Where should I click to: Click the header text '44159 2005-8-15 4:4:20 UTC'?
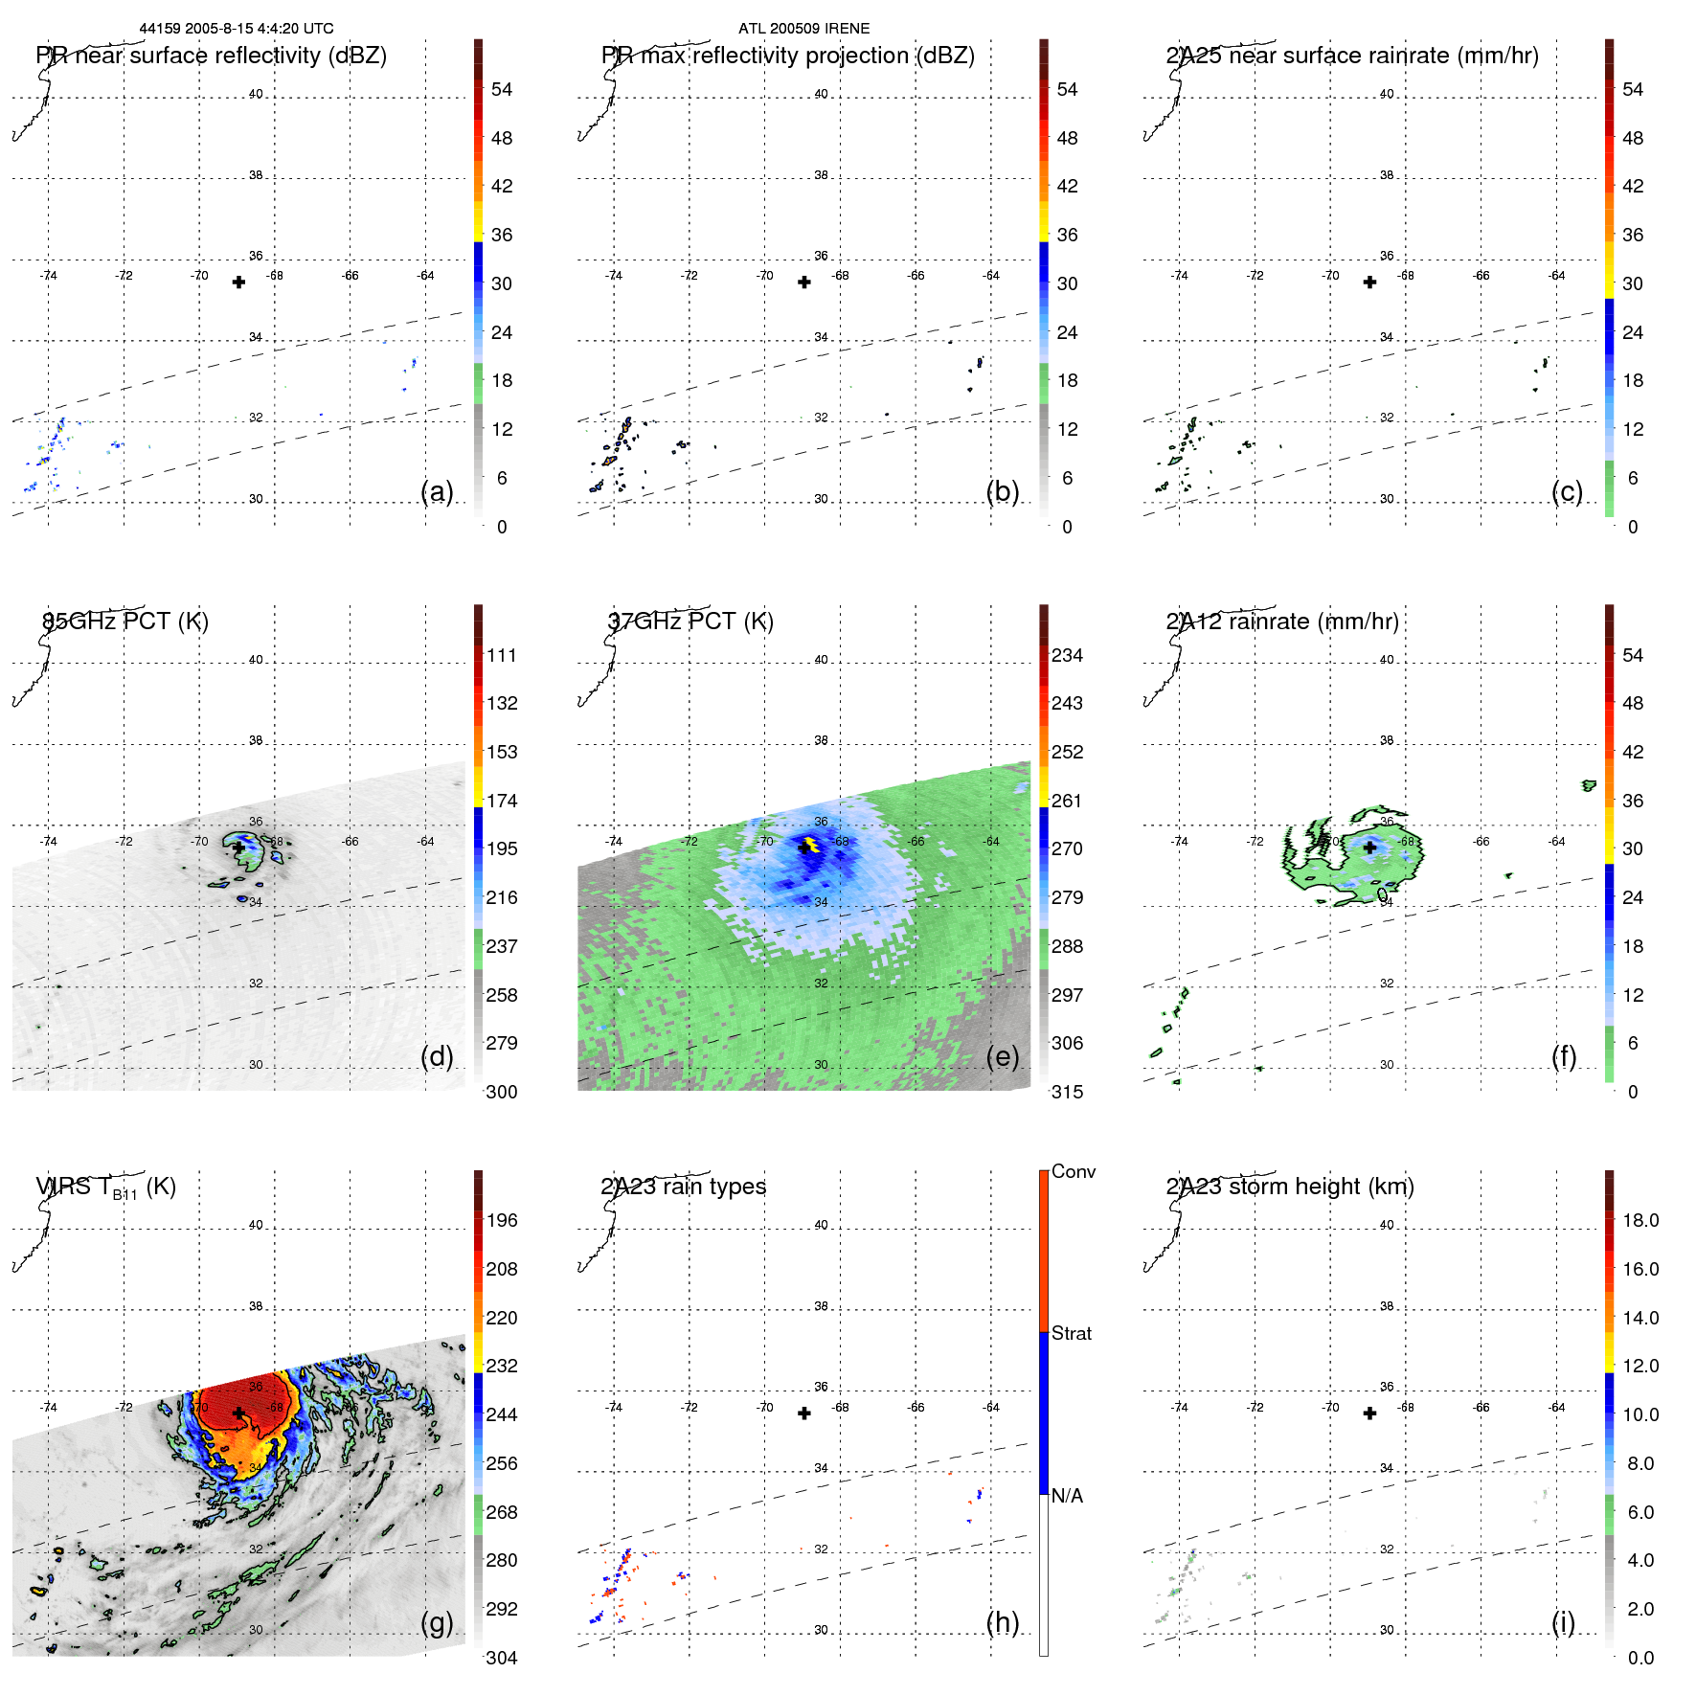(x=237, y=29)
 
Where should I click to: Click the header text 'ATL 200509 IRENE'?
(x=803, y=29)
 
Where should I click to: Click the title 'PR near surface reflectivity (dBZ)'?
(x=212, y=56)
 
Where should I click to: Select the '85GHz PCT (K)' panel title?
(x=125, y=622)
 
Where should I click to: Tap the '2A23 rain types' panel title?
(x=683, y=1187)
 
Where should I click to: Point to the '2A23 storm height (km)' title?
(x=1290, y=1187)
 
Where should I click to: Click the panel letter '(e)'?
(x=1002, y=1057)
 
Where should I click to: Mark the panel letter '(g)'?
(x=437, y=1622)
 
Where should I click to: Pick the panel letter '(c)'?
(x=1567, y=492)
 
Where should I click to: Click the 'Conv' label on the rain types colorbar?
(x=1074, y=1172)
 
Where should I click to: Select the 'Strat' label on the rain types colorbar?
(x=1072, y=1334)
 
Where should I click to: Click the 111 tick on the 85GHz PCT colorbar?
(x=502, y=656)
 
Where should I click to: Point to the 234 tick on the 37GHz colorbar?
(x=1067, y=656)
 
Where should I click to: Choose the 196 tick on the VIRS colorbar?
(x=502, y=1221)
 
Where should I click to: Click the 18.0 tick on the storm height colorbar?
(x=1640, y=1221)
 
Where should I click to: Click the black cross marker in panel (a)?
(x=238, y=283)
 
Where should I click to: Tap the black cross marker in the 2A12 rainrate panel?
(x=1369, y=848)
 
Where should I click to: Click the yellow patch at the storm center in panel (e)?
(x=810, y=845)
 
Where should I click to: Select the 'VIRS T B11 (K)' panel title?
(x=106, y=1187)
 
